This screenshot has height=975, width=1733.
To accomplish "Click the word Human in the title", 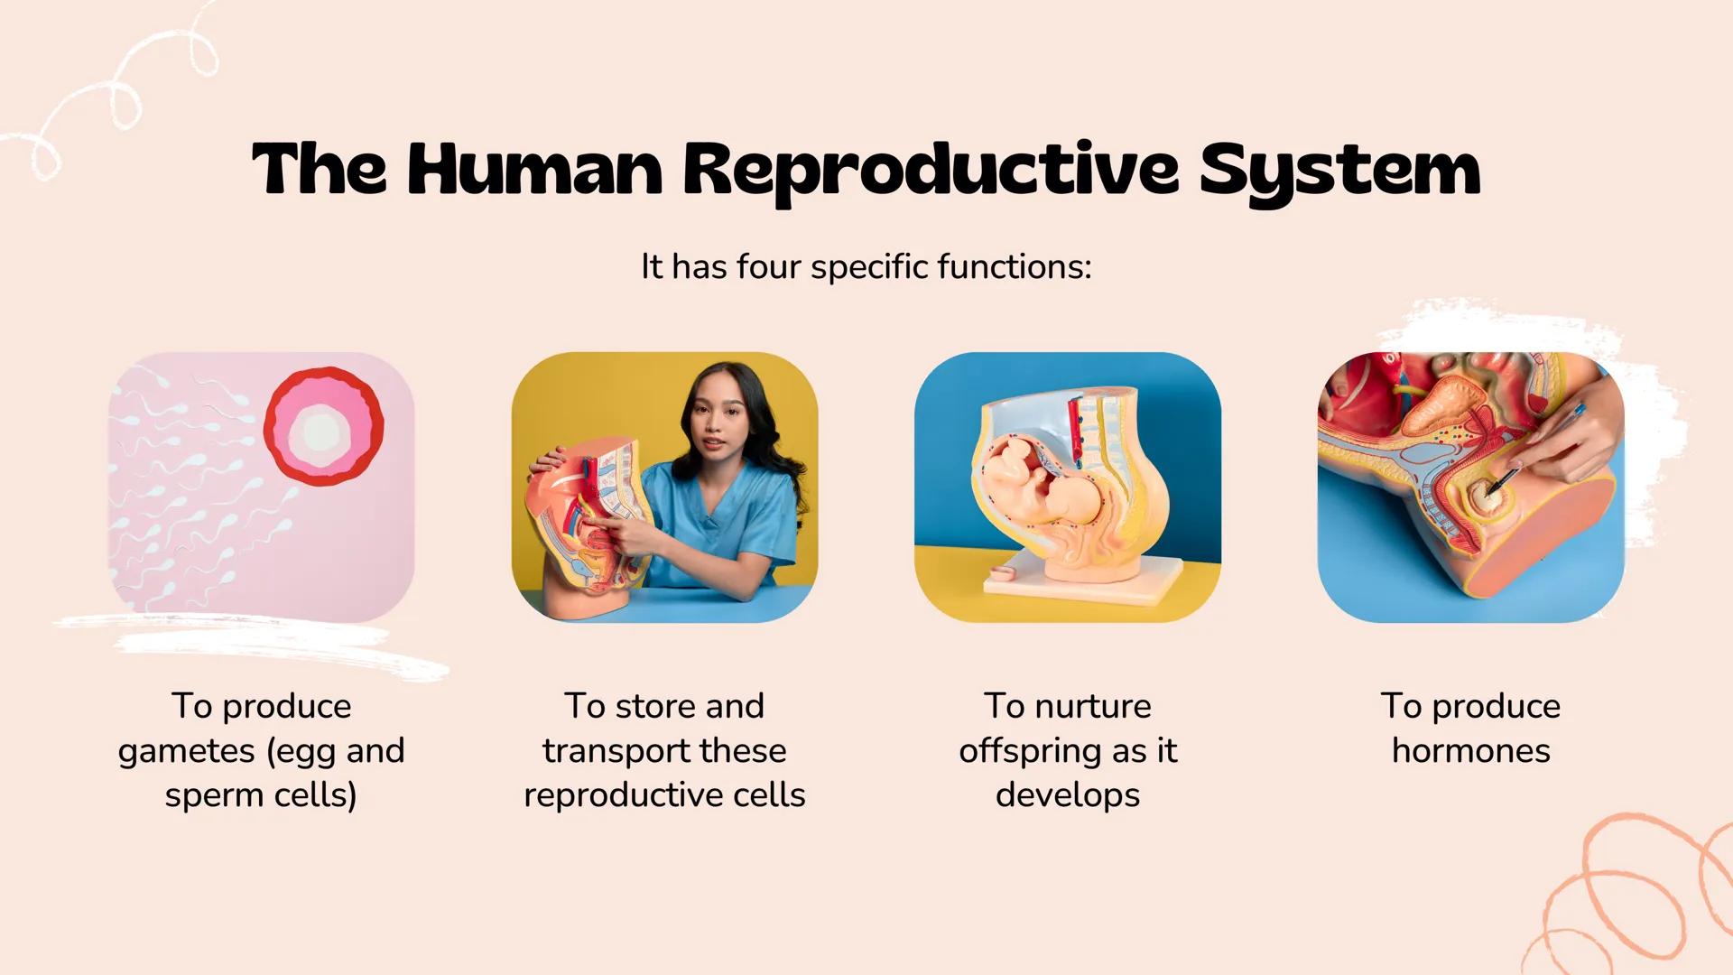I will coord(534,170).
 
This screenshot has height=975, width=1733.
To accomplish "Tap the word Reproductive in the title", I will coord(930,170).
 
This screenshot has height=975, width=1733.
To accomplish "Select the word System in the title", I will coord(1339,170).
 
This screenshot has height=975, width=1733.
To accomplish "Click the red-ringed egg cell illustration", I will coord(323,427).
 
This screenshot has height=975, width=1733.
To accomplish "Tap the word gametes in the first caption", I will coord(187,751).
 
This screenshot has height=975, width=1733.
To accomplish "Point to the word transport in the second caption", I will coord(614,751).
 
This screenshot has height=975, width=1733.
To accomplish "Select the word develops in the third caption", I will coord(1068,795).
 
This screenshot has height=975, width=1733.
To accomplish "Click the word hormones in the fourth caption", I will coord(1470,751).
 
